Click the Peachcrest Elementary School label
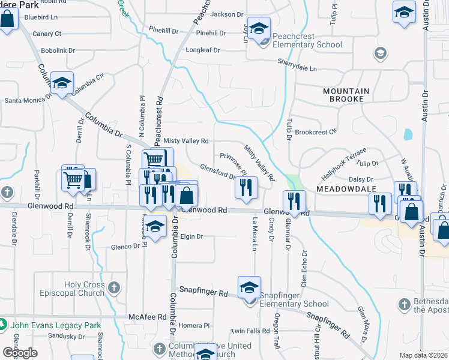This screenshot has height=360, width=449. pos(307,40)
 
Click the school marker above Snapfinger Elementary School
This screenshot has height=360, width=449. pos(249,287)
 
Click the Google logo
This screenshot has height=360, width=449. pos(20,353)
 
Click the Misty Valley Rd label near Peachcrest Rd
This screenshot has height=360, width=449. pos(186,140)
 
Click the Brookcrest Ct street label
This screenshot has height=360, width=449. pos(316,131)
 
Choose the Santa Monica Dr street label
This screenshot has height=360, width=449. pos(26,101)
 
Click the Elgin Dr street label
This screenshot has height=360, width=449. pos(192,236)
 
